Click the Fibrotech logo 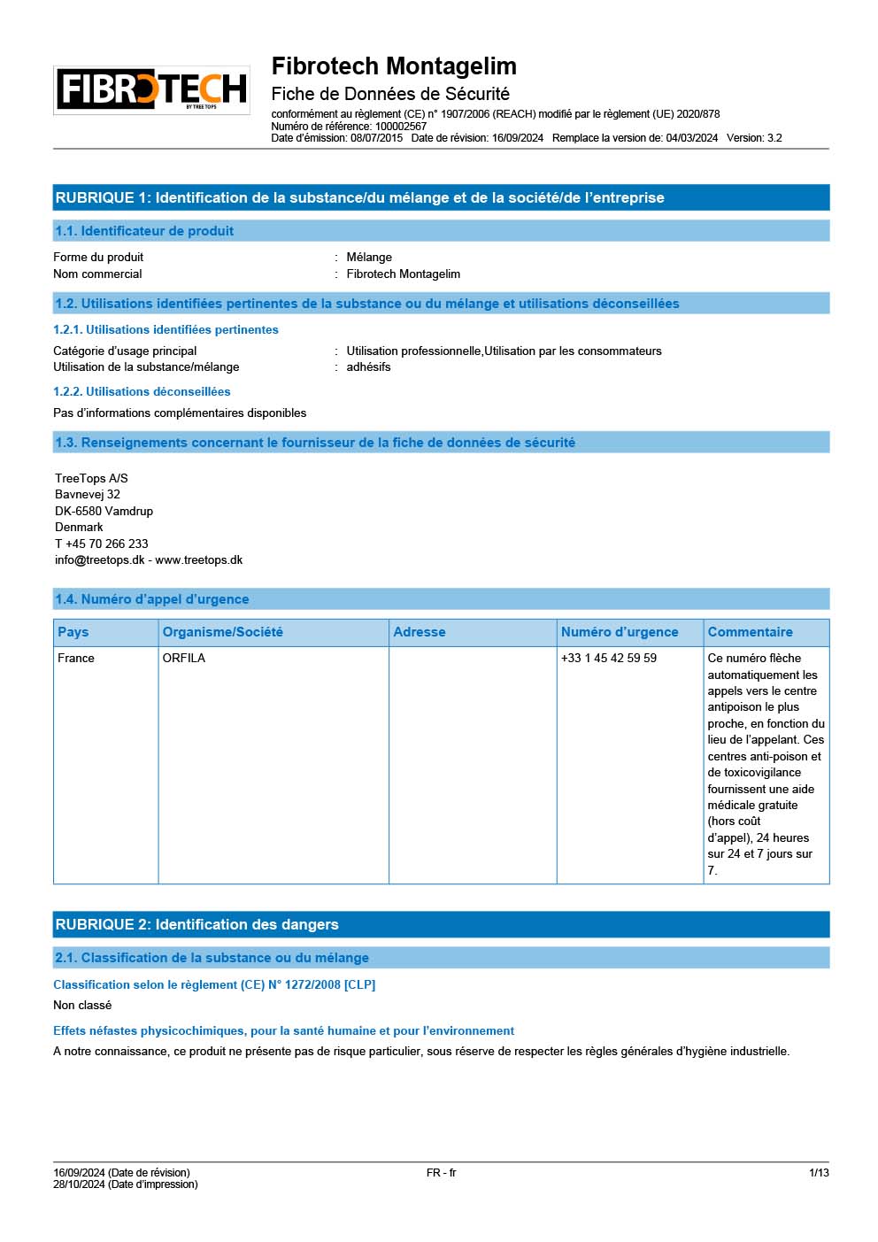point(151,89)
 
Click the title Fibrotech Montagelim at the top point(394,66)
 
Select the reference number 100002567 point(400,126)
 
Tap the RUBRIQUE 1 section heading point(359,197)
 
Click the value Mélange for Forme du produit point(369,257)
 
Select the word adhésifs point(368,366)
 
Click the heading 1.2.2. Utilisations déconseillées point(142,391)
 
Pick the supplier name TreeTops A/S point(91,478)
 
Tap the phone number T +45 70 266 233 point(101,544)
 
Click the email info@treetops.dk point(100,559)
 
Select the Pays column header point(73,632)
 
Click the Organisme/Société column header point(223,632)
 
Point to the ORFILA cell point(184,658)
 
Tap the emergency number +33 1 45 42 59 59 point(609,658)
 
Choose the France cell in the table point(76,658)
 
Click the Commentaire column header point(750,632)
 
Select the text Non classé point(82,1005)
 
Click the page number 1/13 point(819,1172)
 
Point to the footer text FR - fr point(441,1172)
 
